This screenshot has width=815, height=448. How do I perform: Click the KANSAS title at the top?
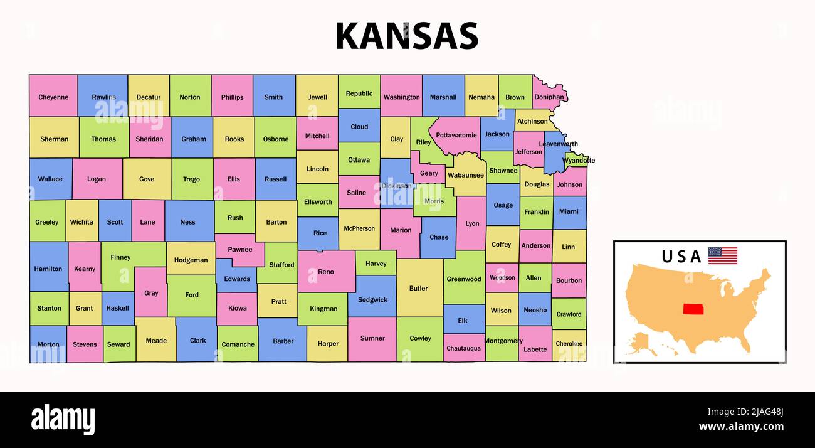click(x=407, y=36)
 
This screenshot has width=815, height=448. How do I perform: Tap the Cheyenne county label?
click(x=53, y=97)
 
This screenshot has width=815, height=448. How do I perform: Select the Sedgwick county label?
click(x=372, y=300)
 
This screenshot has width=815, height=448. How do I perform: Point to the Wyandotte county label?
click(x=578, y=161)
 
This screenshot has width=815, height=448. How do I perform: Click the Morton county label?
click(x=48, y=344)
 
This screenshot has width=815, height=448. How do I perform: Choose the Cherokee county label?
click(x=569, y=344)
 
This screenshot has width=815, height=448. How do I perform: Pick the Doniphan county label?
click(x=549, y=97)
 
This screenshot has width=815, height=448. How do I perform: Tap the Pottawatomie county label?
click(x=456, y=136)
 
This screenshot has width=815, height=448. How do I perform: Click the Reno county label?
click(x=326, y=272)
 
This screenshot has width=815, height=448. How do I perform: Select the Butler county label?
click(x=418, y=289)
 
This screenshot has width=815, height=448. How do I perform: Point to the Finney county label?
click(x=120, y=257)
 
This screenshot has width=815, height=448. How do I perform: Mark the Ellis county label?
click(x=233, y=179)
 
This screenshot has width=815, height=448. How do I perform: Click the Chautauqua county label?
click(x=463, y=348)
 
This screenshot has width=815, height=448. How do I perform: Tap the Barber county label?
click(x=283, y=341)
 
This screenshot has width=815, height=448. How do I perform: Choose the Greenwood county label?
click(x=464, y=279)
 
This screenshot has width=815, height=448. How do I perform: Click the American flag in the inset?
click(x=722, y=255)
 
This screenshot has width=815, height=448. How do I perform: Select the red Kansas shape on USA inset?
click(x=693, y=309)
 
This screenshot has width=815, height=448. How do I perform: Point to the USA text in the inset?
click(x=681, y=257)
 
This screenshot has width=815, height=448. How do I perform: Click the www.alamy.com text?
click(x=741, y=427)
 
